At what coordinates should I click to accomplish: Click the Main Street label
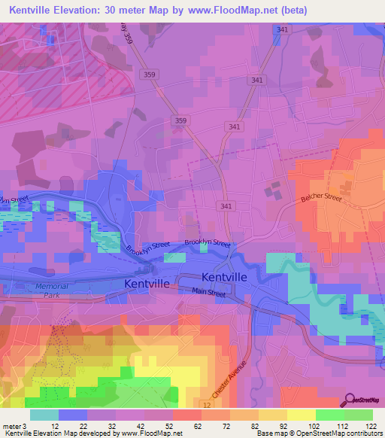(208, 291)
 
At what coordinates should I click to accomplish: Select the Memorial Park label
(52, 290)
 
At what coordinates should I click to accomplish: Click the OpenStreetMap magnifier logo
(350, 400)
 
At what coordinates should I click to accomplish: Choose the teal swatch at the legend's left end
(44, 415)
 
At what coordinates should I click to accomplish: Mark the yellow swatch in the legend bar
(302, 415)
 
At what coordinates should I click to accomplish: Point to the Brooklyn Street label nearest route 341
(208, 242)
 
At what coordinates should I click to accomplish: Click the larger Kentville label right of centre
(224, 276)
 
